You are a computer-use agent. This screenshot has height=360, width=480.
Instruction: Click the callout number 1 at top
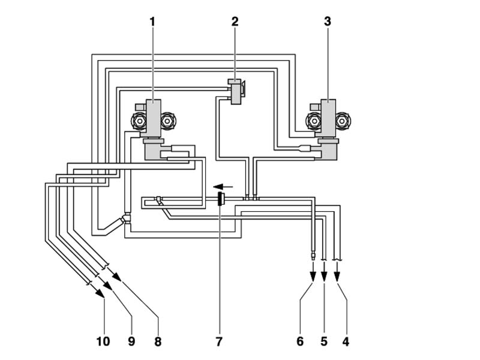(x=152, y=22)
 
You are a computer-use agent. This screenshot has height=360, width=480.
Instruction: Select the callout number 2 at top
(x=235, y=22)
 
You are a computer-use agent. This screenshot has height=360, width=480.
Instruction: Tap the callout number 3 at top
(x=328, y=22)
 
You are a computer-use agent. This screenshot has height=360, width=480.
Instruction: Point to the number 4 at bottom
(x=346, y=341)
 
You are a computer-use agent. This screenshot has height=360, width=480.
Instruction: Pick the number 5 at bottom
(x=324, y=341)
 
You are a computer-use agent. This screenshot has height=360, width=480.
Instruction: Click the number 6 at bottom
(x=300, y=341)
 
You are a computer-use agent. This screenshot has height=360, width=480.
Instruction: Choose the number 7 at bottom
(x=219, y=341)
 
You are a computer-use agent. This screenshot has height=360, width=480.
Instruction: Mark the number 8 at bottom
(x=158, y=341)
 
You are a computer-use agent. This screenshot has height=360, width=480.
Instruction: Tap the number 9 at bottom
(x=131, y=341)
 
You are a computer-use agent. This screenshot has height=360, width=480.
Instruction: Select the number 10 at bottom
(x=103, y=341)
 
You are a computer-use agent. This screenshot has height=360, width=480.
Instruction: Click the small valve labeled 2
(x=236, y=91)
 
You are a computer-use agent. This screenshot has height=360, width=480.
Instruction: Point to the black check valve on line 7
(x=220, y=199)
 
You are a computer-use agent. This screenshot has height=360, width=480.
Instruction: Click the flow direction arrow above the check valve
(x=223, y=186)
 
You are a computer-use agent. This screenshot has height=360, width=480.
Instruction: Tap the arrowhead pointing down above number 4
(x=337, y=277)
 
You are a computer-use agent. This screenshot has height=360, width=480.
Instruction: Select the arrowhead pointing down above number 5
(x=325, y=277)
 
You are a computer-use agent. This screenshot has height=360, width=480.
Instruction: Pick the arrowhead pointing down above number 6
(x=313, y=277)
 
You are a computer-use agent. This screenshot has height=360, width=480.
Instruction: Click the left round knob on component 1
(x=139, y=121)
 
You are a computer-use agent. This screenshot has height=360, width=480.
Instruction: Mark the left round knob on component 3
(x=313, y=121)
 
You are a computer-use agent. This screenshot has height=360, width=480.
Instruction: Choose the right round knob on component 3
(x=342, y=121)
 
